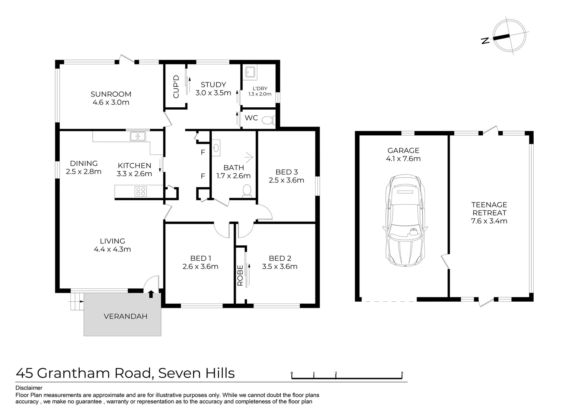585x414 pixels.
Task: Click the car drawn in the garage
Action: pyautogui.click(x=404, y=221)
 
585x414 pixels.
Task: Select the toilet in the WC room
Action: pyautogui.click(x=268, y=120)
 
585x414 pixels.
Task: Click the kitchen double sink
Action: pyautogui.click(x=138, y=136)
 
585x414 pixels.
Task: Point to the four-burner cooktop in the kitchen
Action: pyautogui.click(x=141, y=191)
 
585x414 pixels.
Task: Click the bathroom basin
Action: pyautogui.click(x=216, y=148)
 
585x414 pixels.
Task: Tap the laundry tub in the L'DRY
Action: pyautogui.click(x=251, y=72)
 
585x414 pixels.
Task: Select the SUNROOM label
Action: pyautogui.click(x=111, y=94)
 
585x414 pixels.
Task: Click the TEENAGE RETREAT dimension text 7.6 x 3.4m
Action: pyautogui.click(x=489, y=221)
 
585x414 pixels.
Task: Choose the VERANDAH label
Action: pyautogui.click(x=126, y=316)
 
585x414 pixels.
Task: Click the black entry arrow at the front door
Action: pyautogui.click(x=151, y=294)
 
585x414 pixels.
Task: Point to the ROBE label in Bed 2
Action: pyautogui.click(x=240, y=276)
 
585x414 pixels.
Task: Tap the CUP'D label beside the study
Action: pyautogui.click(x=176, y=86)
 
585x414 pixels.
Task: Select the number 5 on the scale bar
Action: pyautogui.click(x=402, y=373)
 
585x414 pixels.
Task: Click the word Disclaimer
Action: pyautogui.click(x=29, y=388)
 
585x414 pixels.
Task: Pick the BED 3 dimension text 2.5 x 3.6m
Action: pyautogui.click(x=286, y=180)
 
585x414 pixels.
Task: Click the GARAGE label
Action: pyautogui.click(x=403, y=150)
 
